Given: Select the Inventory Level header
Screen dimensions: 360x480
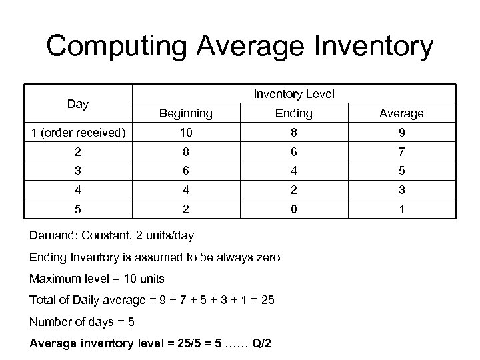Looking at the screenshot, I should click(293, 95).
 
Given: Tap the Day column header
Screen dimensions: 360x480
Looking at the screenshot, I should click(78, 104).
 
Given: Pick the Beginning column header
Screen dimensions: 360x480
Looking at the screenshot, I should click(185, 114).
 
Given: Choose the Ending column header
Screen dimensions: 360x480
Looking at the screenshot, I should click(293, 114).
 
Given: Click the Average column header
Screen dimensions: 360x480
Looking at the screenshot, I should click(401, 114).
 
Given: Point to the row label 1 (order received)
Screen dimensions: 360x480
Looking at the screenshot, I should click(78, 132).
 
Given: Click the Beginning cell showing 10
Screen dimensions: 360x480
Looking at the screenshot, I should click(185, 132).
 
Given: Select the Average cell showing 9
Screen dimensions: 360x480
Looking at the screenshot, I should click(401, 132).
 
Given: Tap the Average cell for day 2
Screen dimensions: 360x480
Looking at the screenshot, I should click(401, 152).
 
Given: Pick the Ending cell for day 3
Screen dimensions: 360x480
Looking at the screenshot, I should click(293, 171).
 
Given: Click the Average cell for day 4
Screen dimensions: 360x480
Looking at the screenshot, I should click(401, 191).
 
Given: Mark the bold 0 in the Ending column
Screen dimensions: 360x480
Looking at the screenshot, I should click(293, 210).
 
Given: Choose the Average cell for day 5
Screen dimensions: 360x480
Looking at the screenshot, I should click(401, 210).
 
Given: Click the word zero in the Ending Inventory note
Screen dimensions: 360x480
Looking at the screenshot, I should click(268, 257).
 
